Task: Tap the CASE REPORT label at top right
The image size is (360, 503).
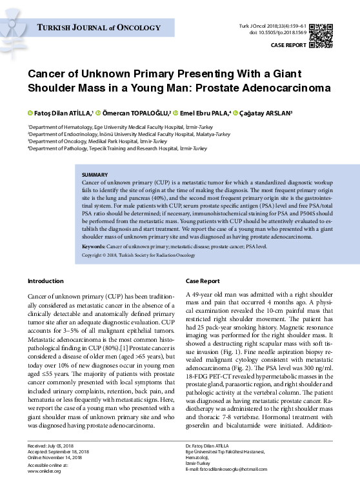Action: [288, 46]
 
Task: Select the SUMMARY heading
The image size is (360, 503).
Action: [95, 175]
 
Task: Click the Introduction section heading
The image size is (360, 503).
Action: [46, 281]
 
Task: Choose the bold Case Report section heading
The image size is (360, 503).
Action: [203, 281]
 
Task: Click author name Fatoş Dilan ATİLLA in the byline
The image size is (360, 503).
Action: [63, 113]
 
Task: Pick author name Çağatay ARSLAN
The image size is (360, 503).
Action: [266, 113]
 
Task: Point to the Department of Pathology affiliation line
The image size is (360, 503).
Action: [117, 148]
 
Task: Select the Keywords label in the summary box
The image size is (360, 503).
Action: [94, 247]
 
